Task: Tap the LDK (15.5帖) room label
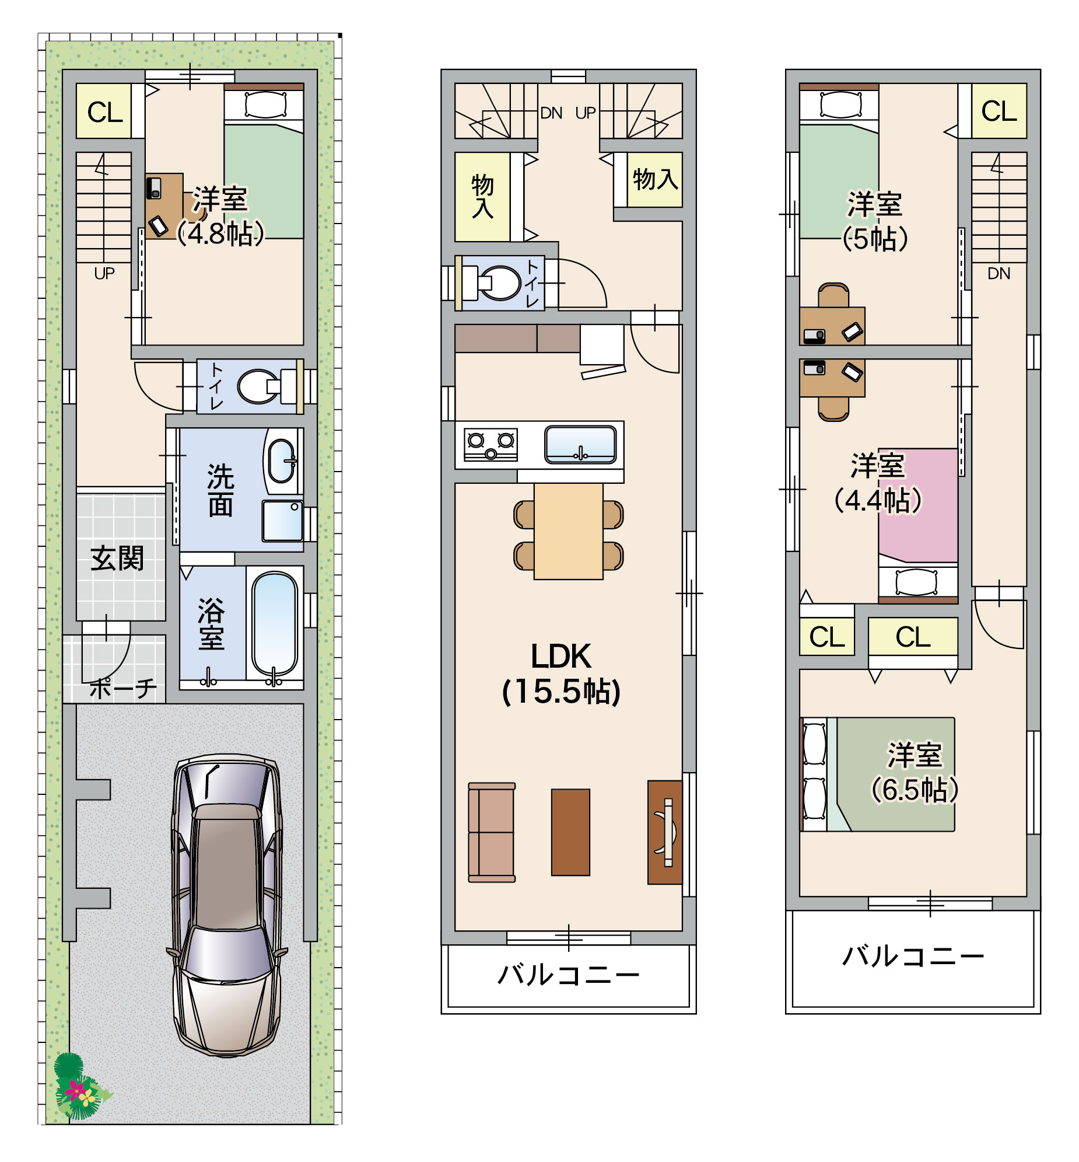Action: coord(561,674)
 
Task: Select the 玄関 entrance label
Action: coord(117,559)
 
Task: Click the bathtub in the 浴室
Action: coord(275,624)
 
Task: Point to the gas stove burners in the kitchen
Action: coord(491,445)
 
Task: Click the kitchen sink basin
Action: coord(580,444)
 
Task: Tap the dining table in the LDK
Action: coord(568,531)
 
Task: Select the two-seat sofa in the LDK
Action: coord(492,832)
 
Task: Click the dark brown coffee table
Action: coord(570,832)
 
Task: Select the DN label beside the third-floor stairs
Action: coord(999,273)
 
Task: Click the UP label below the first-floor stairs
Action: coord(104,273)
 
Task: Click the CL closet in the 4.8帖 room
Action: coord(104,111)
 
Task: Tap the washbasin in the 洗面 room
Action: coord(282,461)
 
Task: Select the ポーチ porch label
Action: coord(123,689)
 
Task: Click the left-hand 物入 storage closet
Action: coord(482,197)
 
